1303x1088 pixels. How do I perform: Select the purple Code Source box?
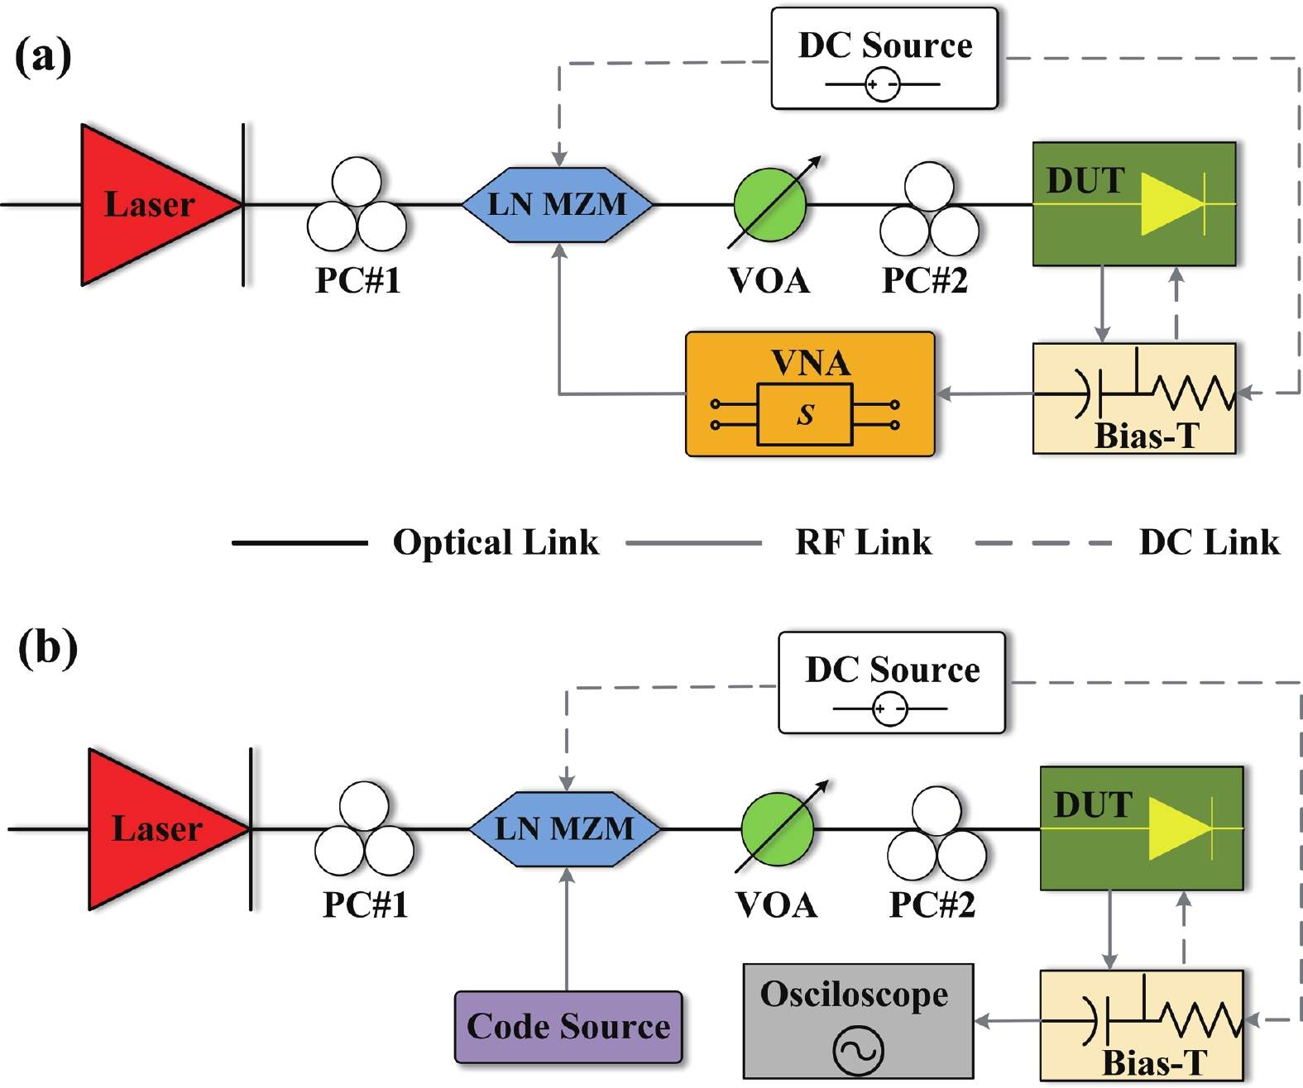point(568,1027)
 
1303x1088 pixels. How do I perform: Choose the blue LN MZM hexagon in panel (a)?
point(557,204)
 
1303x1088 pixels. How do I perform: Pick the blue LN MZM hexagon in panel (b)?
point(564,828)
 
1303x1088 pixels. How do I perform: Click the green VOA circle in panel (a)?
point(769,204)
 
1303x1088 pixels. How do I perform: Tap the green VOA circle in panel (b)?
point(777,828)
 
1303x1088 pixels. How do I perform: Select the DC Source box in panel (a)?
point(884,58)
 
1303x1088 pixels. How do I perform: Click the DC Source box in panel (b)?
point(892,682)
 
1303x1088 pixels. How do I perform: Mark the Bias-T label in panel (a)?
point(1147,436)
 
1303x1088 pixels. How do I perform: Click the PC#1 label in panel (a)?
point(358,280)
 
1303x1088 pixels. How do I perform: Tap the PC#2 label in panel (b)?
point(932,904)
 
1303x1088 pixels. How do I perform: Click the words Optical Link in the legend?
point(496,542)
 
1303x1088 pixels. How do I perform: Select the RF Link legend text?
point(863,542)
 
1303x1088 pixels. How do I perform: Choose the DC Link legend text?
point(1209,542)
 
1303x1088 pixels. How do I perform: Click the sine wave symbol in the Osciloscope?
point(858,1051)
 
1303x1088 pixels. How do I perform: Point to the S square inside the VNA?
point(805,414)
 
